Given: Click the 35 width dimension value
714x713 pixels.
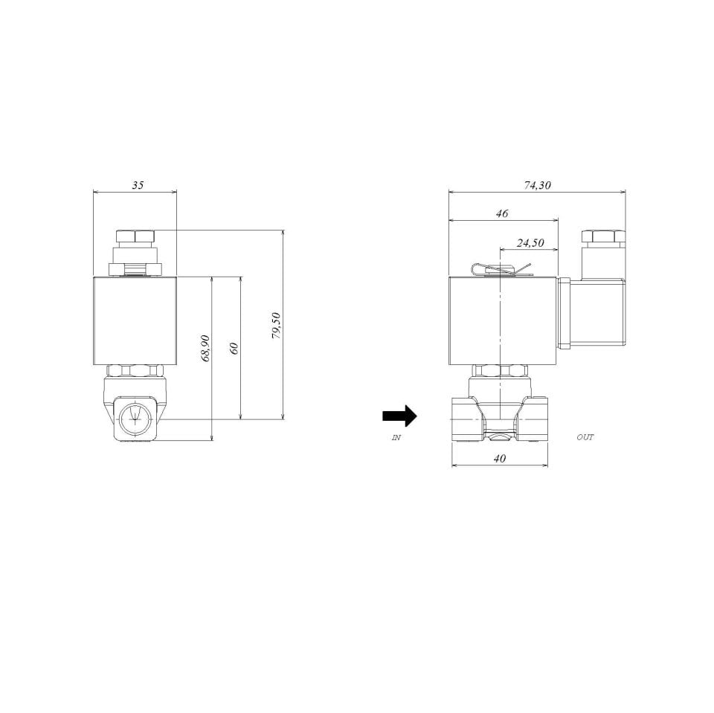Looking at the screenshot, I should point(138,185).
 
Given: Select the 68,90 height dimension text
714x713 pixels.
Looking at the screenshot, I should point(206,348).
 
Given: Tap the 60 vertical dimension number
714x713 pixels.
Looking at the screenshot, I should point(234,348).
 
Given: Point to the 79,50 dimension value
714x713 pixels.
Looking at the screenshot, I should point(276,326).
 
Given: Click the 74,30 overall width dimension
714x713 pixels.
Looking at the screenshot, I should point(537,185).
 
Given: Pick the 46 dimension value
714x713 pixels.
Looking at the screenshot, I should point(502,213).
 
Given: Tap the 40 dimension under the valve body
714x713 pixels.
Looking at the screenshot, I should point(500,459).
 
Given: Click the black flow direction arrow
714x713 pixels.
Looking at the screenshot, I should point(399,416).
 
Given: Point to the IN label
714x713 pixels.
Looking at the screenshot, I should point(396,438).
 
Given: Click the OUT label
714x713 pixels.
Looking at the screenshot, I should point(585,437).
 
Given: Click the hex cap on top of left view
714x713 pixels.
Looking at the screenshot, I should point(135,237).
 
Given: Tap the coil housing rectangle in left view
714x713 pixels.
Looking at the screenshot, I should point(135,320).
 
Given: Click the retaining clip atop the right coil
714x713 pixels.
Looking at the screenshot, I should point(502,270).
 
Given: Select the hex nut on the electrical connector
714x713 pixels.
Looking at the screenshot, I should point(602,238).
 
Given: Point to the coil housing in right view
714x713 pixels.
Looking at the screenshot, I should point(503,320).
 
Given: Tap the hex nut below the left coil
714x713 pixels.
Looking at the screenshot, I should point(135,370).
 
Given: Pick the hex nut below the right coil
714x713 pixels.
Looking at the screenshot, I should point(501,370).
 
